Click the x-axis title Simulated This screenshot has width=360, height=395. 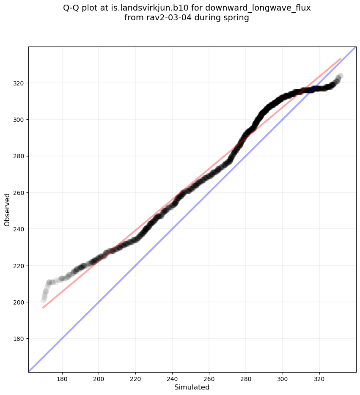192,387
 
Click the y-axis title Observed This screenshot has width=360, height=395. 7,210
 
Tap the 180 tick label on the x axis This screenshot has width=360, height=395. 62,379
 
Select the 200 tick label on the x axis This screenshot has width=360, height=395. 99,379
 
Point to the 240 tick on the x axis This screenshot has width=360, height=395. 172,379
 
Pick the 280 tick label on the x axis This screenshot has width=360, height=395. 246,379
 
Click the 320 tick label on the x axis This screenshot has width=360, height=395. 319,379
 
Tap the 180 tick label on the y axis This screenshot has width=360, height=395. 18,339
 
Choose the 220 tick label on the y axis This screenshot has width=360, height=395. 18,266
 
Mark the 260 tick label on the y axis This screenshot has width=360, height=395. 18,193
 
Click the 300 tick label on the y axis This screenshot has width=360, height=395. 18,120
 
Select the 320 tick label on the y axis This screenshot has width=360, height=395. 18,83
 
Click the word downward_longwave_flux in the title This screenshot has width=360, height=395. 258,8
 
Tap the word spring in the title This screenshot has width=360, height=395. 237,18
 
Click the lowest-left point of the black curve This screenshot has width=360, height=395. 43,300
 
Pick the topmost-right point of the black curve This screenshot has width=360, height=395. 341,76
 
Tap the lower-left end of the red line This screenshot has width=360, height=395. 43,308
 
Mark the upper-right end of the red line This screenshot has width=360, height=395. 341,58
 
